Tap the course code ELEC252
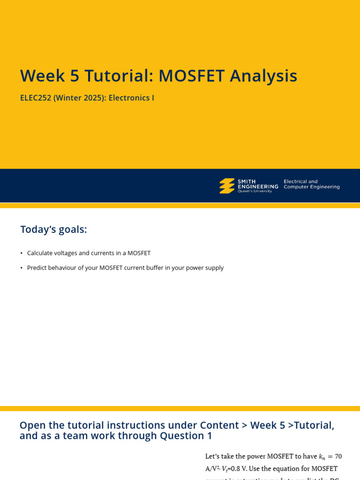36,98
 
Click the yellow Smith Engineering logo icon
227,186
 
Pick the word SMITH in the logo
247,181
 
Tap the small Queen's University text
255,191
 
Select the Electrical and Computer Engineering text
311,184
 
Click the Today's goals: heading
53,230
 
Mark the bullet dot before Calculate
22,253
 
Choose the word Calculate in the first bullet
41,253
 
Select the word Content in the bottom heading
219,426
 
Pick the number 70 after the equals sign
338,457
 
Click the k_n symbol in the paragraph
322,457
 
